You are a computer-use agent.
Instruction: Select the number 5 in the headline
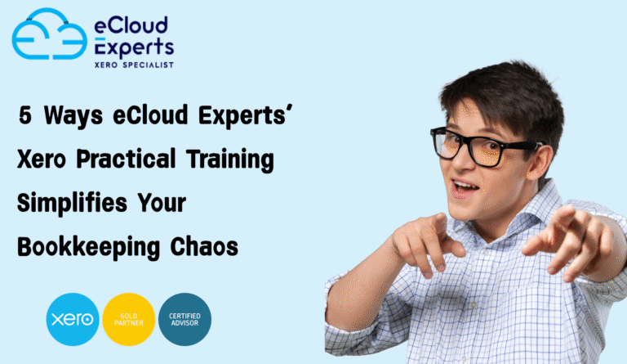click(x=25, y=116)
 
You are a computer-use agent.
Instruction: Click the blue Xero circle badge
click(x=72, y=319)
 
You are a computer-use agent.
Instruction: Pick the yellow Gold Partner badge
click(x=128, y=319)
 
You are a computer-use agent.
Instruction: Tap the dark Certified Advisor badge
click(x=185, y=319)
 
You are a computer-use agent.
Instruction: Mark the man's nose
click(x=466, y=161)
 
